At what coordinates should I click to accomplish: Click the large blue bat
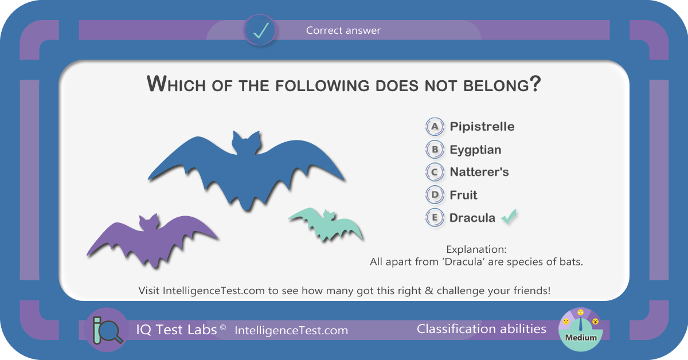[246, 172]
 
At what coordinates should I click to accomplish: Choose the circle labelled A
[435, 127]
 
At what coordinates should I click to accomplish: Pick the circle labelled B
[435, 149]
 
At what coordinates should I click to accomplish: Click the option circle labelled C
[435, 172]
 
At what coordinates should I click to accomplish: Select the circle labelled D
[435, 195]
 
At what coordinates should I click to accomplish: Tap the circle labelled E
[435, 217]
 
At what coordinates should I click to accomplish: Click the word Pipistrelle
[482, 127]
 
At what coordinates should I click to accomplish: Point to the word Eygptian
[475, 150]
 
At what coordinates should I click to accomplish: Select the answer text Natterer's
[479, 172]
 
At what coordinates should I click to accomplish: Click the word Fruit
[463, 195]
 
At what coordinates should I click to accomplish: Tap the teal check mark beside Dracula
[509, 217]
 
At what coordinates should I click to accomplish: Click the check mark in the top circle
[261, 30]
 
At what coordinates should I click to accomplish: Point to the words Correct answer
[343, 30]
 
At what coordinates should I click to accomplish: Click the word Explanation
[476, 249]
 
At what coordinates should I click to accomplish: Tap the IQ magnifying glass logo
[107, 330]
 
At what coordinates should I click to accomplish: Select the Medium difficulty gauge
[580, 330]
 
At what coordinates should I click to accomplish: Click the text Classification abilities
[481, 329]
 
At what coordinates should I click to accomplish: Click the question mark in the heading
[535, 83]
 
